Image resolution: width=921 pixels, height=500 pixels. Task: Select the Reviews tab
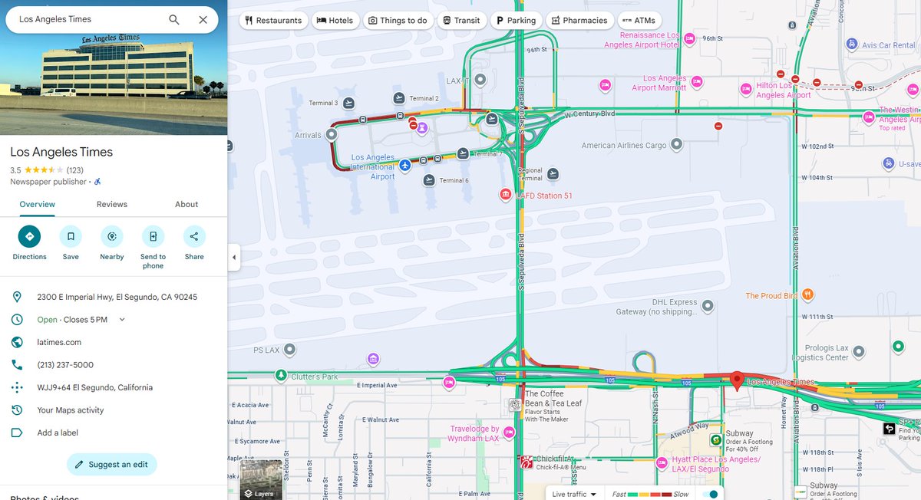click(x=111, y=204)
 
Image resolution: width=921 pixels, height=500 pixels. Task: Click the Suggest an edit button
click(x=112, y=465)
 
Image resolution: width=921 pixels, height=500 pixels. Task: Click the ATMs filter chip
click(x=639, y=21)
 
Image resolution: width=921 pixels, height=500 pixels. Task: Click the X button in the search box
click(x=203, y=20)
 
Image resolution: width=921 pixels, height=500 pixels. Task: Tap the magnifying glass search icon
click(x=174, y=20)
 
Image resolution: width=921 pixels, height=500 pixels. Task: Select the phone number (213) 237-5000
click(x=65, y=365)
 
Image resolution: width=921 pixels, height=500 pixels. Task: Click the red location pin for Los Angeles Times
click(x=737, y=379)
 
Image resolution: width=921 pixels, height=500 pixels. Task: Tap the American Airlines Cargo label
click(x=624, y=146)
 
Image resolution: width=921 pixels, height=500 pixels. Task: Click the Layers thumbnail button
click(x=261, y=479)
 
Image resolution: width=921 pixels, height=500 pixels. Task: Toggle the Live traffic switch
click(x=710, y=495)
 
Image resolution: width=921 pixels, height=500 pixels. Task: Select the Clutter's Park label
click(x=315, y=377)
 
